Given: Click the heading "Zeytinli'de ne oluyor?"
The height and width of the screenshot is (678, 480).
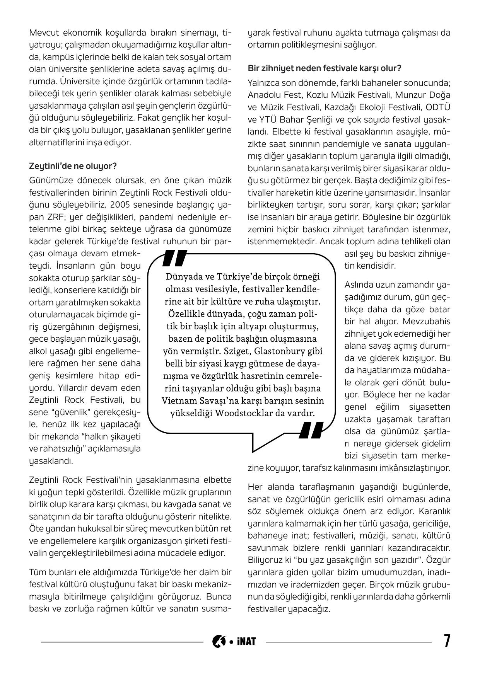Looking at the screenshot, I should (x=73, y=166).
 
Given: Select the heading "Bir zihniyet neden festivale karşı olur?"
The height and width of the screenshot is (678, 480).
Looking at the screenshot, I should (x=324, y=68).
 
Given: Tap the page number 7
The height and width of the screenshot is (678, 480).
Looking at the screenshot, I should (x=447, y=641).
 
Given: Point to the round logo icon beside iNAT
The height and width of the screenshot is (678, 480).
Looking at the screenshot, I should (x=219, y=641).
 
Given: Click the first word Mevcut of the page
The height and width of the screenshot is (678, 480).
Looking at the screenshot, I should (x=42, y=32).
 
